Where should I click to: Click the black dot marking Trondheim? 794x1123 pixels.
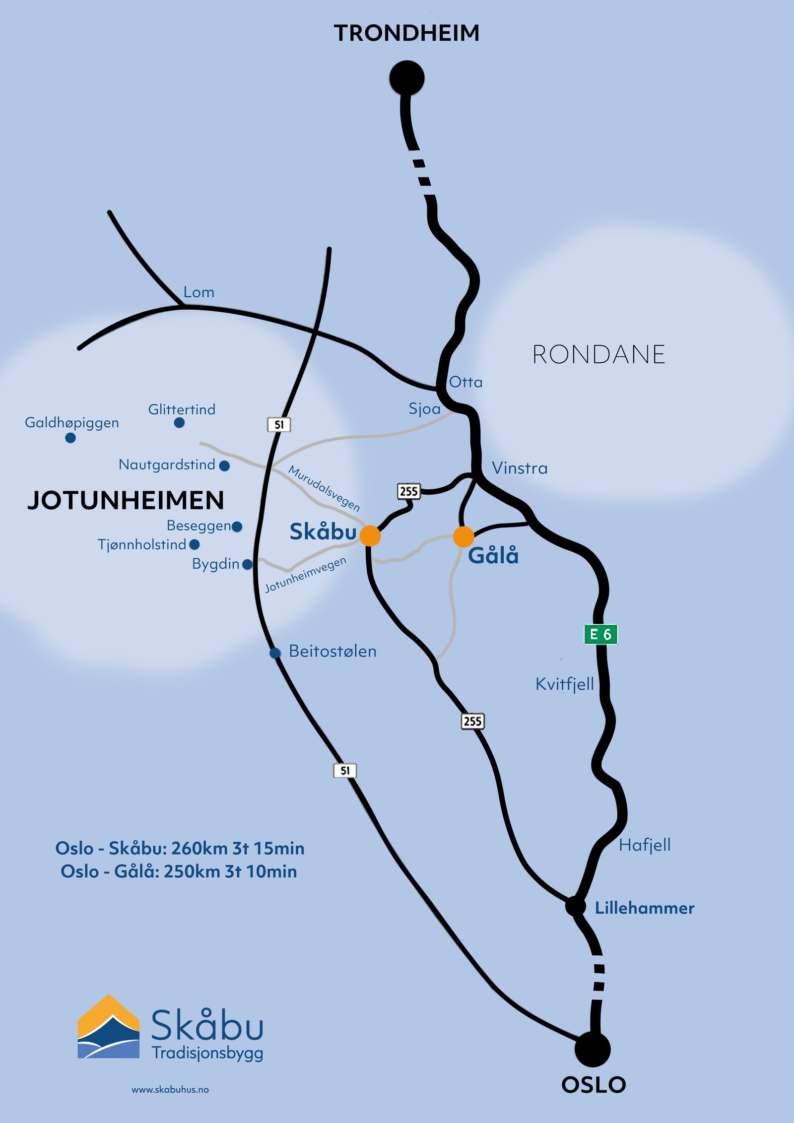click(x=407, y=78)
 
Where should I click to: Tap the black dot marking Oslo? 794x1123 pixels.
click(x=593, y=1049)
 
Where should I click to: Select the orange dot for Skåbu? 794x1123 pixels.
click(x=370, y=536)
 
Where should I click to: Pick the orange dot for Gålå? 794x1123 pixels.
click(x=463, y=537)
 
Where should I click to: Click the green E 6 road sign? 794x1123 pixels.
click(x=600, y=634)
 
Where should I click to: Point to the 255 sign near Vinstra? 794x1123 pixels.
click(x=409, y=491)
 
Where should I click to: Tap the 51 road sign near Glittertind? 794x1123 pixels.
click(x=279, y=425)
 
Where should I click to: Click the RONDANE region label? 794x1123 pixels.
click(x=598, y=355)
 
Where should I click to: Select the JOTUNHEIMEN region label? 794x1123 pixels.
click(x=126, y=500)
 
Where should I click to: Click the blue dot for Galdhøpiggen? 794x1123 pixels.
click(x=70, y=438)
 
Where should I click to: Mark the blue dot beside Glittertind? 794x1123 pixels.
click(x=180, y=423)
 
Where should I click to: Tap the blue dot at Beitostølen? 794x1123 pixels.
click(x=275, y=653)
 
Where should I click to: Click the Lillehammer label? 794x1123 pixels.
click(x=644, y=908)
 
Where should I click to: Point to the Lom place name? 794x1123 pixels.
click(x=198, y=292)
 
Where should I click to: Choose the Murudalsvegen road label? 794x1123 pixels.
click(x=324, y=488)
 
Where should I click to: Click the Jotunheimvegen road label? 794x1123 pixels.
click(x=305, y=575)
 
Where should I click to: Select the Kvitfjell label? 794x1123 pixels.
click(x=565, y=684)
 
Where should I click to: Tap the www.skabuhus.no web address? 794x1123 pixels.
click(x=170, y=1090)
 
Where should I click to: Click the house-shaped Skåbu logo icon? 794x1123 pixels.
click(x=109, y=1027)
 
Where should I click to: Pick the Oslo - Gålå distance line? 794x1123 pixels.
click(x=179, y=871)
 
